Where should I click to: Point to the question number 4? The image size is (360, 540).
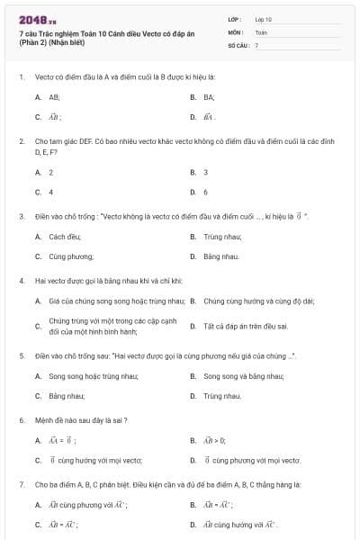[x=21, y=280]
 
